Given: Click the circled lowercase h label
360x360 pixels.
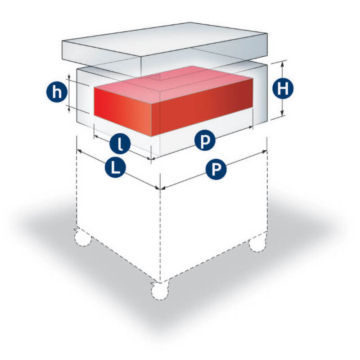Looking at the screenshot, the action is [57, 93].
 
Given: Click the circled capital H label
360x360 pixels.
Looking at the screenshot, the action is [283, 88].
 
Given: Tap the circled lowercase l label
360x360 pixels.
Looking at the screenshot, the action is [120, 144].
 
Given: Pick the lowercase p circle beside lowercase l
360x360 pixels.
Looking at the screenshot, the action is [205, 140].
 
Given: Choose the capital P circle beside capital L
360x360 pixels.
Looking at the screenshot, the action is [216, 169].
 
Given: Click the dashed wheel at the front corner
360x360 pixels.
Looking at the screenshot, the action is [160, 291].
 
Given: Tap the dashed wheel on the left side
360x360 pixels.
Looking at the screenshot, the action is [83, 238].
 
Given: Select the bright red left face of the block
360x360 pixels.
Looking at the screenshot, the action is [123, 112].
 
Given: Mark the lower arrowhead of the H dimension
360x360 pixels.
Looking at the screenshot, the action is [283, 113].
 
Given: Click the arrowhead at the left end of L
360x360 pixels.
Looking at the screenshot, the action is [80, 151].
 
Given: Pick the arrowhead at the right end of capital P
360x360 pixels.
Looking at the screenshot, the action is [265, 152].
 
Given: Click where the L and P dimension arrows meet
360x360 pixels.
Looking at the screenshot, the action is [160, 189].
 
